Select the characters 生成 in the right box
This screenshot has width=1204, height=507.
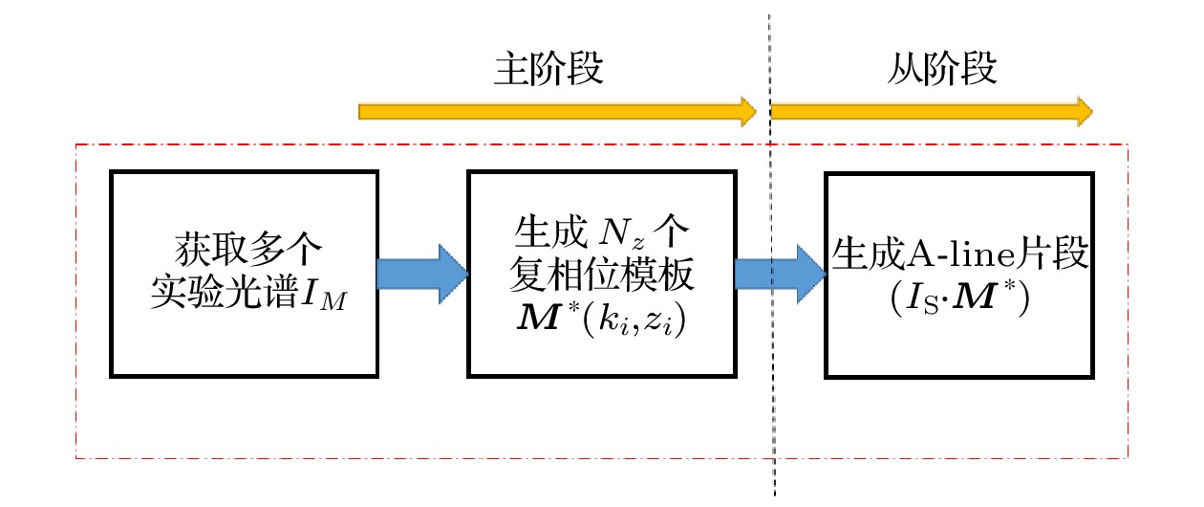point(867,254)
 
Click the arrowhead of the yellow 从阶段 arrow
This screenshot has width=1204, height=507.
point(1082,111)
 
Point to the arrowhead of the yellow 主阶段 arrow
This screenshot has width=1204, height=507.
point(747,111)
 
